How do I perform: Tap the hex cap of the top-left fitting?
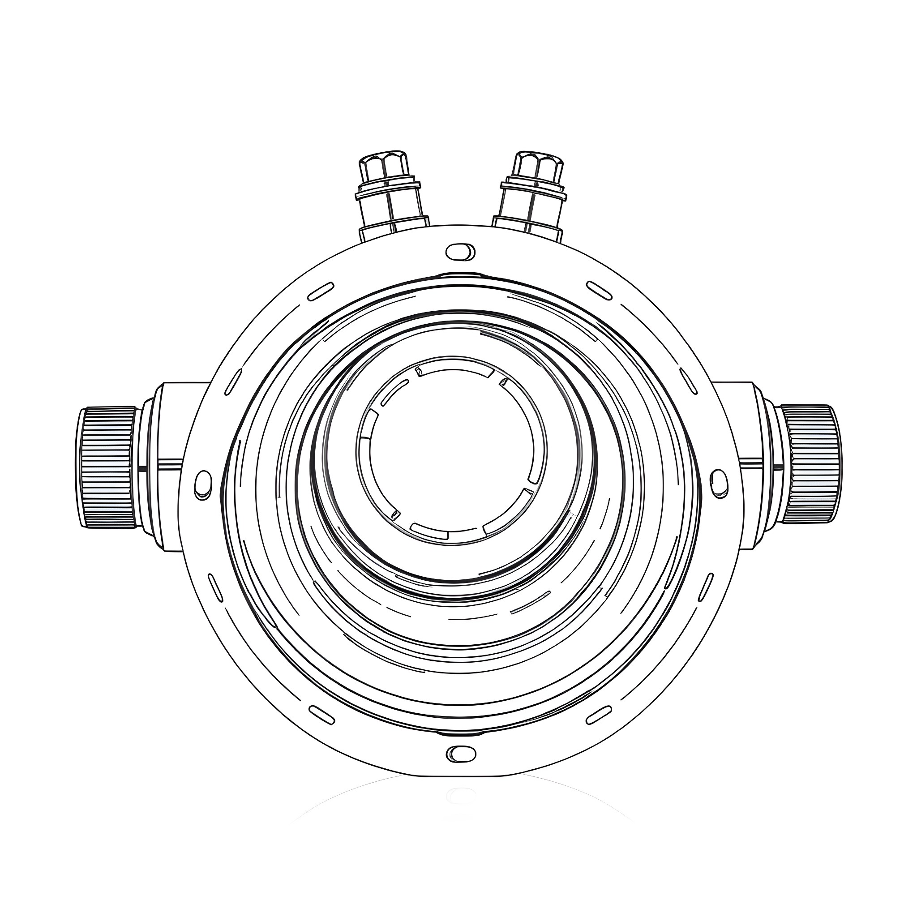click(384, 166)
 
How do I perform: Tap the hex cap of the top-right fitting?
click(539, 166)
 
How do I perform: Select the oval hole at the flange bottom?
click(460, 753)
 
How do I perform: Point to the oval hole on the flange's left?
click(203, 484)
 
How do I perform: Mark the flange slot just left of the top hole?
click(321, 292)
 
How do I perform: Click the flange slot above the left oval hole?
click(232, 382)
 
